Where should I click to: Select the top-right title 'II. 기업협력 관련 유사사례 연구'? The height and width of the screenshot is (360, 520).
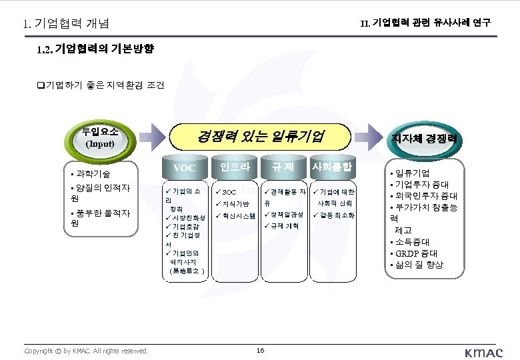click(x=426, y=23)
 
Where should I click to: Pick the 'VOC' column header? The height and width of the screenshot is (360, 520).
click(x=183, y=168)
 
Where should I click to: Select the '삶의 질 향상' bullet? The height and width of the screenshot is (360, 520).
click(x=419, y=265)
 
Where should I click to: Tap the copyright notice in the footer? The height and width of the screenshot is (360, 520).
click(x=86, y=351)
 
